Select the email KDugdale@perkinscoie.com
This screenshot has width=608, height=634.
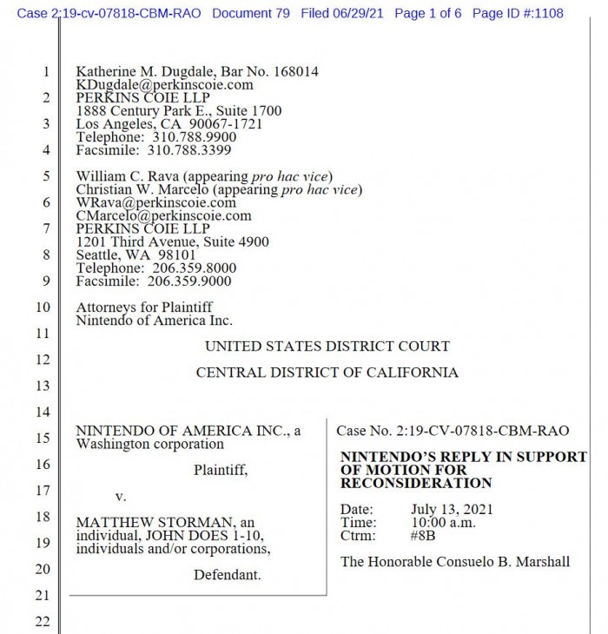click(x=164, y=85)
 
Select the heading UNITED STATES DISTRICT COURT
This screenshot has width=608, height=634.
click(x=327, y=346)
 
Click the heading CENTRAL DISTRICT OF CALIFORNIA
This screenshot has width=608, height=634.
click(x=327, y=373)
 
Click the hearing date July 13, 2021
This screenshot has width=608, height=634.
click(x=449, y=509)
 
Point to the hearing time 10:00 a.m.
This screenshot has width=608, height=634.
click(x=445, y=523)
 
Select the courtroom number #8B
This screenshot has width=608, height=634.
click(x=423, y=536)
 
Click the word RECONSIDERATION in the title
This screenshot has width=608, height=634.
click(x=416, y=483)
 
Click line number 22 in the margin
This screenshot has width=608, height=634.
click(x=43, y=622)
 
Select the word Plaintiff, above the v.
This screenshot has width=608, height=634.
click(x=220, y=470)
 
